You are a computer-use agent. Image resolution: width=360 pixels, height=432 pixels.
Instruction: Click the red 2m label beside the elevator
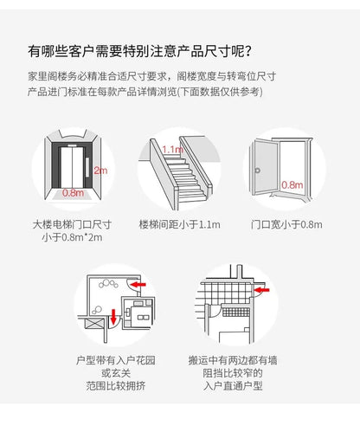[100, 171]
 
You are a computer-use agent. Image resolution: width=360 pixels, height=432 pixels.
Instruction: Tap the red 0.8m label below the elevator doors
[74, 192]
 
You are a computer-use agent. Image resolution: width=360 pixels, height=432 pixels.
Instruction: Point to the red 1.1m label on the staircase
[172, 150]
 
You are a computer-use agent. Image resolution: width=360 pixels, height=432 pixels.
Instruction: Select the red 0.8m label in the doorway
[292, 184]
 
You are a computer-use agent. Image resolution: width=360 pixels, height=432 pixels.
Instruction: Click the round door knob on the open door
[257, 171]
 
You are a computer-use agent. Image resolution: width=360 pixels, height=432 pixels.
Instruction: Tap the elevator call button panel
[87, 167]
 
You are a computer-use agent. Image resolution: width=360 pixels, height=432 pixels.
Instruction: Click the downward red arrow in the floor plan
[113, 317]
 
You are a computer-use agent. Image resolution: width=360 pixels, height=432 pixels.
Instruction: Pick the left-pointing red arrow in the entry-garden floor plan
[138, 285]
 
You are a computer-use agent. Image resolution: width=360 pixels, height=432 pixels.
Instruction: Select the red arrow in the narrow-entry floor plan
[262, 290]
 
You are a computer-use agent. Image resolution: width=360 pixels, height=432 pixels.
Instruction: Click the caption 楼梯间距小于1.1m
[179, 224]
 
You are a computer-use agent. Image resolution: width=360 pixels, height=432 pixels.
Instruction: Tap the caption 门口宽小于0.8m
[286, 224]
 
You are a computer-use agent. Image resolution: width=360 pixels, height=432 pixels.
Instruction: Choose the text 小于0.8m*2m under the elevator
[72, 237]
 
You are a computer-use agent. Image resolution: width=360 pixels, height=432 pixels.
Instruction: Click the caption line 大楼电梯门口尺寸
[72, 224]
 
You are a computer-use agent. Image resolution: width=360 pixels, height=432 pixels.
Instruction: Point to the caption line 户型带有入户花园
[116, 360]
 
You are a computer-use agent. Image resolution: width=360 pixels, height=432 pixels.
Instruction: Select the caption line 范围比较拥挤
[116, 385]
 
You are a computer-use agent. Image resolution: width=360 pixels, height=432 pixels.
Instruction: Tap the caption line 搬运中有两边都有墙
[233, 360]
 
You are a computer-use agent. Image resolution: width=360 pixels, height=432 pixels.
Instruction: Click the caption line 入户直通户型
[233, 385]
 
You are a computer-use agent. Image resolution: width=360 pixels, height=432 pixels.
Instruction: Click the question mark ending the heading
[247, 52]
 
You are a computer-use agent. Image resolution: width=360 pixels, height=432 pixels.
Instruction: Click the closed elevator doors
[72, 167]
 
